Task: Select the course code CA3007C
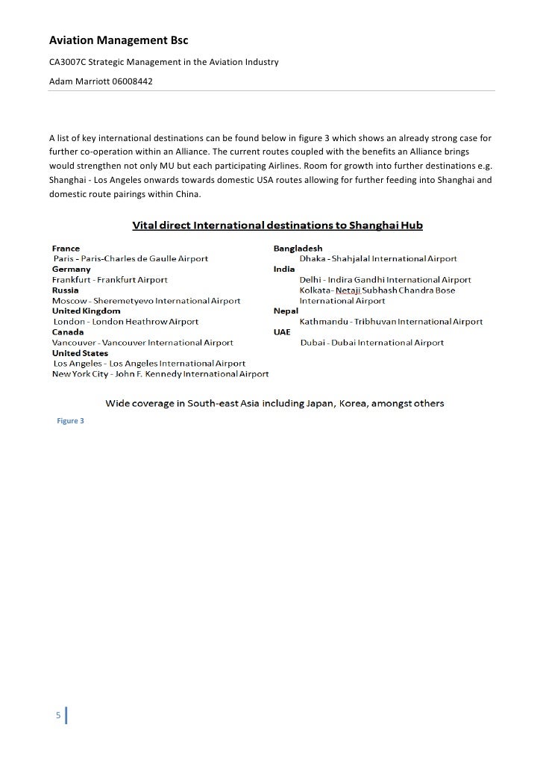click(x=68, y=61)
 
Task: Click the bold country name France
click(x=66, y=248)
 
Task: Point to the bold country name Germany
click(x=71, y=269)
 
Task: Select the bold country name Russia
click(x=66, y=290)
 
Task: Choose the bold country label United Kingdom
click(x=86, y=311)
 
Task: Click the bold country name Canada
click(x=68, y=331)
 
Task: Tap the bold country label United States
click(x=80, y=352)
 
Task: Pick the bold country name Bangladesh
click(x=298, y=248)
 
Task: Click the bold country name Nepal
click(x=286, y=311)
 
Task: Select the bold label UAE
click(x=283, y=331)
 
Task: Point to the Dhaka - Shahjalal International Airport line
click(x=378, y=258)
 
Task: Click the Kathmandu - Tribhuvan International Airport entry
click(x=391, y=322)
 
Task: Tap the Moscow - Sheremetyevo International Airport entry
click(x=146, y=301)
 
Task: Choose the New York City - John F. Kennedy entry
click(x=160, y=373)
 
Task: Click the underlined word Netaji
click(x=348, y=290)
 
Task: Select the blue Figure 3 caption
click(x=71, y=421)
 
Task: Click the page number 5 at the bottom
click(x=58, y=716)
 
